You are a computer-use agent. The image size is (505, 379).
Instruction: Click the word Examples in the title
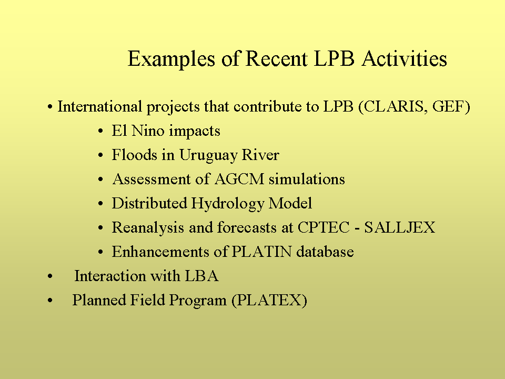click(171, 59)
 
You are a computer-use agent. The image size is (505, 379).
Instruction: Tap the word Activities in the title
click(404, 58)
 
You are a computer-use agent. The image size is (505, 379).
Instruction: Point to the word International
click(99, 107)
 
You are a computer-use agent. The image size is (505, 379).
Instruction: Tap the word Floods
click(134, 155)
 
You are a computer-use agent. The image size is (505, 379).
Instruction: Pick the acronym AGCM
click(239, 179)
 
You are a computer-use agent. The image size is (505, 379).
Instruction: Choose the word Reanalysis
click(148, 228)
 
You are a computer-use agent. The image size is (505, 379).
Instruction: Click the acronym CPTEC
click(324, 227)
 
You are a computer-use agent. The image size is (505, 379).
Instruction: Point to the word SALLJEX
click(400, 227)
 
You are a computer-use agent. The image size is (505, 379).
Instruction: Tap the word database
click(325, 252)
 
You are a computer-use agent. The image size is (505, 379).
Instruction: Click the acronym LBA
click(201, 276)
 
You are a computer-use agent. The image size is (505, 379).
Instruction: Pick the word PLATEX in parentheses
click(269, 300)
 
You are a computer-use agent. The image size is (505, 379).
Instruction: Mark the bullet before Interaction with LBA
click(50, 276)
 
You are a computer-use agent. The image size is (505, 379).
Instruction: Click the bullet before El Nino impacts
click(101, 132)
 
